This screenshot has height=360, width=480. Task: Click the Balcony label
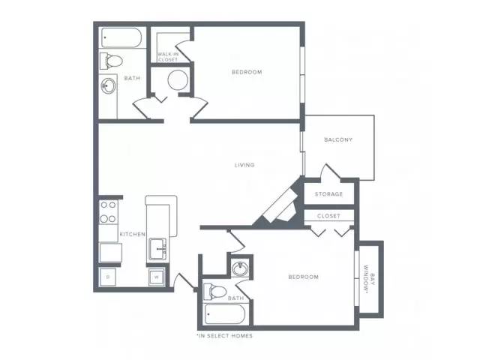tap(338, 140)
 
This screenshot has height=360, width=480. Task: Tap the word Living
tap(244, 165)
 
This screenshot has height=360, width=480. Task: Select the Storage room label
tap(328, 194)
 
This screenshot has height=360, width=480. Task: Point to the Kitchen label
tap(132, 234)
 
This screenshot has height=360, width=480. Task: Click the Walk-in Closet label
tap(168, 57)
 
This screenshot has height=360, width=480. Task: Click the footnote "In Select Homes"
tap(225, 336)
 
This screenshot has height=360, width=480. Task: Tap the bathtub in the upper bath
tap(121, 37)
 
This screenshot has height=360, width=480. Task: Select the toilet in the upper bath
tap(111, 61)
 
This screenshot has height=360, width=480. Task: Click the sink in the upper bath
tap(108, 86)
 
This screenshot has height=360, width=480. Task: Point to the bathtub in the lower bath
tap(225, 314)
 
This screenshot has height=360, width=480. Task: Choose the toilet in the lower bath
tap(214, 292)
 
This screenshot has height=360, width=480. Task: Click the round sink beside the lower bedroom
tap(240, 268)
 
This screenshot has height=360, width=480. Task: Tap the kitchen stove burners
tap(108, 211)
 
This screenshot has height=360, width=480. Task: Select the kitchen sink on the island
tap(157, 248)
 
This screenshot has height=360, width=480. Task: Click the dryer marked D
tap(108, 277)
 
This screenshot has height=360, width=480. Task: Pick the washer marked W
tap(157, 277)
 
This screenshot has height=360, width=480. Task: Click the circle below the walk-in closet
tap(178, 80)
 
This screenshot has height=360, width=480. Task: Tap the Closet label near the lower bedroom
tap(328, 216)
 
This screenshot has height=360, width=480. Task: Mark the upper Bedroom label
tap(247, 72)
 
